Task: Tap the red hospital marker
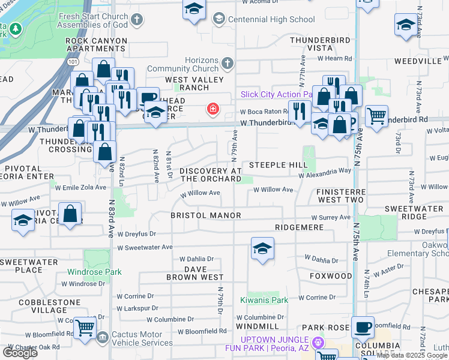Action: [x=212, y=109]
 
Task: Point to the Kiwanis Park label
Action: [x=264, y=299]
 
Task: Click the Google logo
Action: [x=20, y=352]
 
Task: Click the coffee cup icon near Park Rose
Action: [x=363, y=328]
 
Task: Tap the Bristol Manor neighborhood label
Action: [x=205, y=215]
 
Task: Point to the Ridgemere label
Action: [x=299, y=227]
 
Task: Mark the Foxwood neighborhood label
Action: [x=331, y=276]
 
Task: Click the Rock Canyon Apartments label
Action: [x=97, y=45]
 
